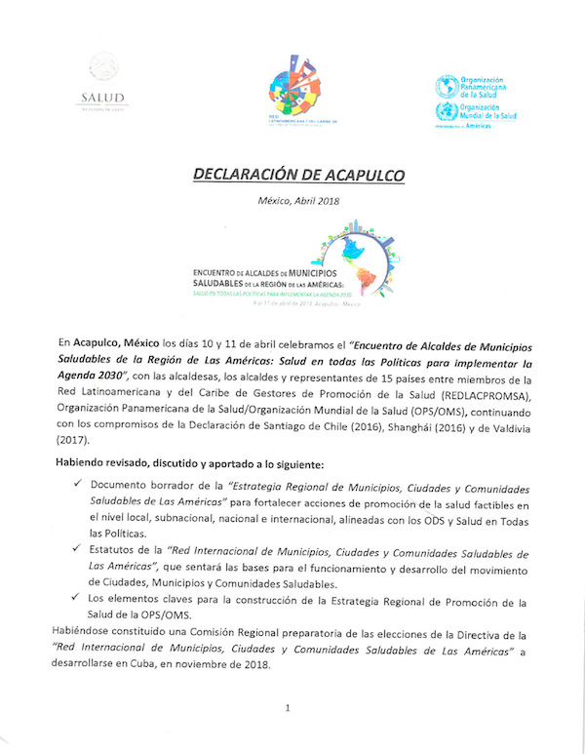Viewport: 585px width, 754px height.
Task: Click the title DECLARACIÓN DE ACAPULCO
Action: [292, 176]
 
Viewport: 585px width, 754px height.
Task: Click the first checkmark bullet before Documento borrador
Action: [78, 484]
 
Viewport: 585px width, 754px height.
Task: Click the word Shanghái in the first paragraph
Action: [381, 427]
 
